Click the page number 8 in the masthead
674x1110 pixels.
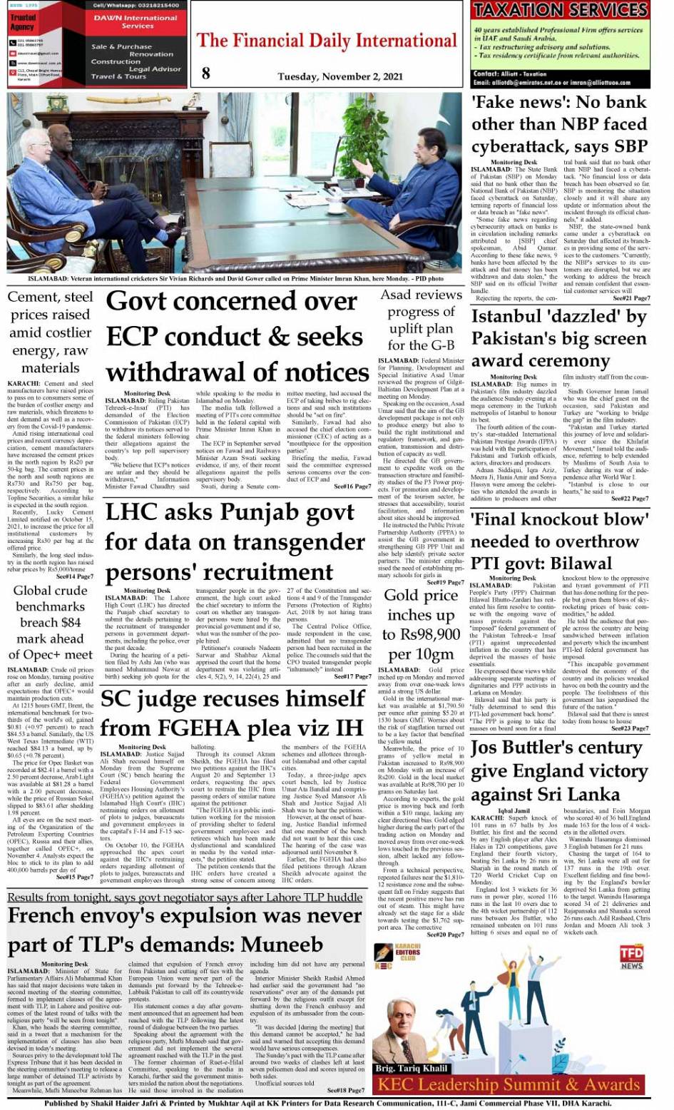[x=205, y=72]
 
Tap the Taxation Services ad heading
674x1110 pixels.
[x=561, y=10]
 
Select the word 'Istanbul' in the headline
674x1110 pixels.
[x=507, y=317]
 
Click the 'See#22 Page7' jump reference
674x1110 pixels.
[x=630, y=499]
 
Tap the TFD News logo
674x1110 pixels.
[x=630, y=957]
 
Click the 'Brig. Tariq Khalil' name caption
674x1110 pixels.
[x=412, y=1069]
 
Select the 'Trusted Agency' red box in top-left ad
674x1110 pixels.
[x=23, y=22]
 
